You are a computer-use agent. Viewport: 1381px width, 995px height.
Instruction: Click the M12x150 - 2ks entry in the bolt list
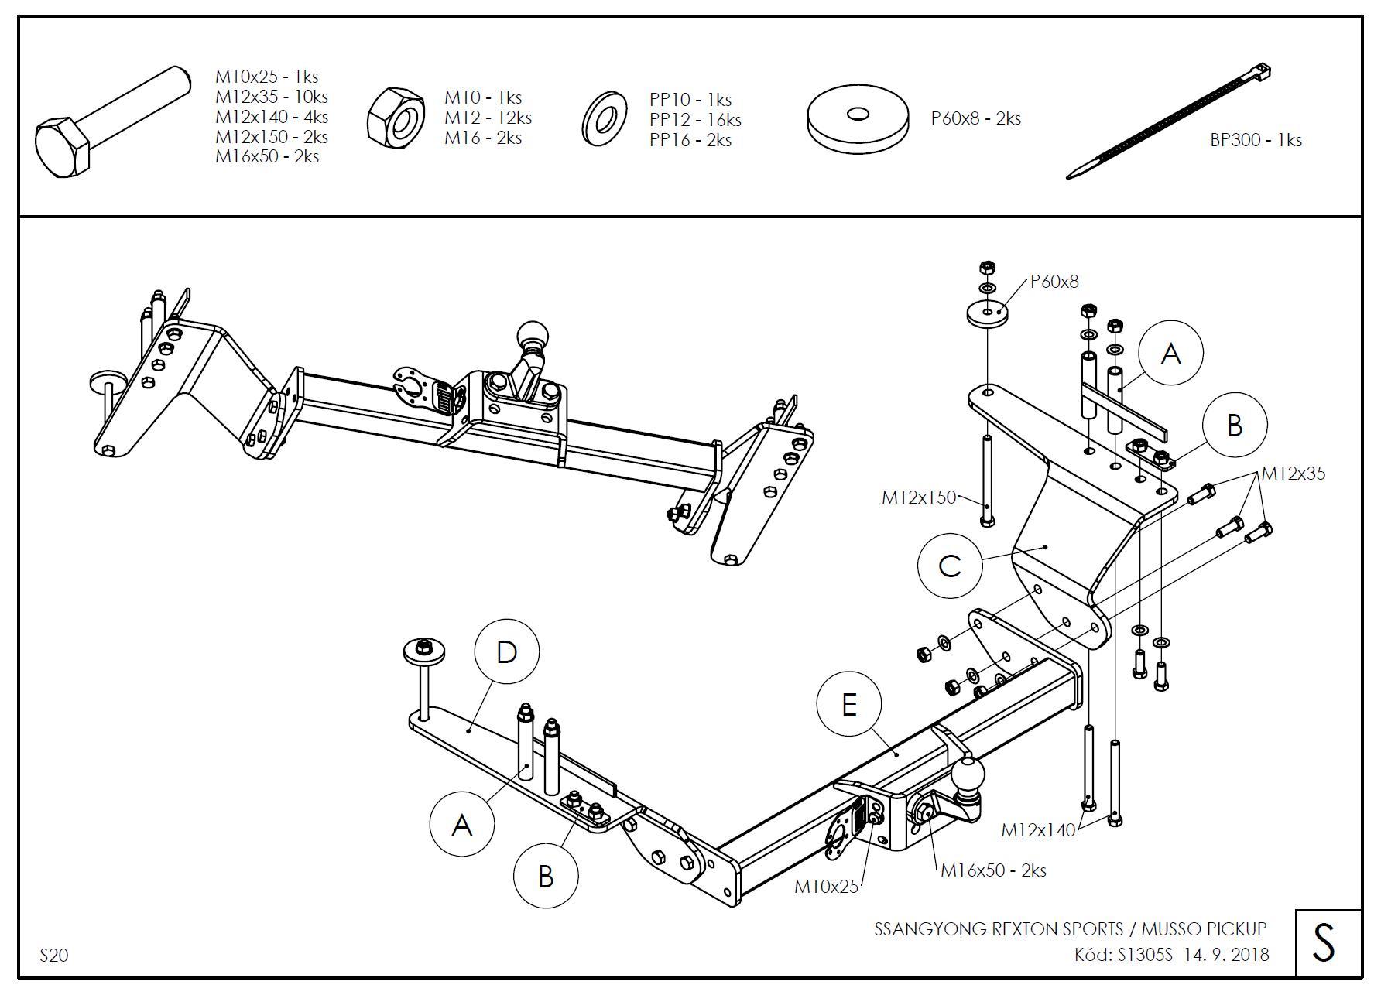point(271,137)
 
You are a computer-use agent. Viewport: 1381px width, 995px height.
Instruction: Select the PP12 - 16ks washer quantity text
point(694,120)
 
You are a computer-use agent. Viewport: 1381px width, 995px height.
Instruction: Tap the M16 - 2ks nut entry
point(482,138)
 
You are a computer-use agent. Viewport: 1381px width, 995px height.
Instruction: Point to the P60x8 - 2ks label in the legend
point(975,118)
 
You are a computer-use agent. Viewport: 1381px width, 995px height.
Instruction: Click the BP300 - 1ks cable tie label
point(1256,140)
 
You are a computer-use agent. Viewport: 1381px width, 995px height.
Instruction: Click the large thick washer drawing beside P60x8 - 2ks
point(858,121)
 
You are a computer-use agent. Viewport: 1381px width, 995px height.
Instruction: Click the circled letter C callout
point(949,566)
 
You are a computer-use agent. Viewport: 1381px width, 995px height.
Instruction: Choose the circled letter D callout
point(506,652)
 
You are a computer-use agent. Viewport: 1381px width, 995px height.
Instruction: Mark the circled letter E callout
point(849,705)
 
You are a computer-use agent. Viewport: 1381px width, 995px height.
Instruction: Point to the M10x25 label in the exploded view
point(826,887)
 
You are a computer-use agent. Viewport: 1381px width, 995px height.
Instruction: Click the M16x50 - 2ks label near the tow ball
point(992,870)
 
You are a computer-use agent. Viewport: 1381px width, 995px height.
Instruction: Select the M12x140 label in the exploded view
point(1038,830)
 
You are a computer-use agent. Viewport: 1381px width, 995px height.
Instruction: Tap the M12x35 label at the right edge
point(1293,473)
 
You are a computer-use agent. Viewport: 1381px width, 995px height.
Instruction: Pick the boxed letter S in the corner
point(1327,943)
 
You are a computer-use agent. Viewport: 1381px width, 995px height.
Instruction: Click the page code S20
point(53,956)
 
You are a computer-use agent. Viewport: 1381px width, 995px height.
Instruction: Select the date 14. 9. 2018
point(1225,955)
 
